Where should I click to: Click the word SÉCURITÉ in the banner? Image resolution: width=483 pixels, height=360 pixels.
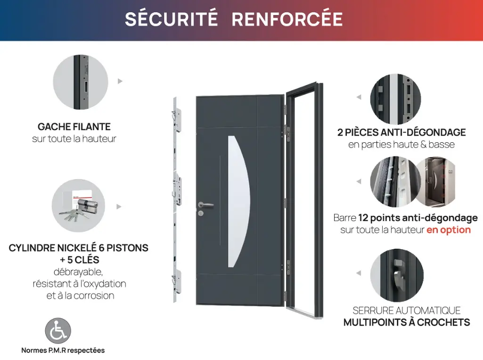point(172,19)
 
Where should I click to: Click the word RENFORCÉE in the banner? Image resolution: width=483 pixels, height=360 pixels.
point(287,19)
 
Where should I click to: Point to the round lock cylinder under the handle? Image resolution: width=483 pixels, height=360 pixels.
point(201,213)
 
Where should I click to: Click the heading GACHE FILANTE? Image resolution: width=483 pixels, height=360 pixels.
point(74,127)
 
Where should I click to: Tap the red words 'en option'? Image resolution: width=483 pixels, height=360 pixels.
point(449,230)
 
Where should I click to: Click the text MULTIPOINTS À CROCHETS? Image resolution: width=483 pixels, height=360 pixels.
point(407,322)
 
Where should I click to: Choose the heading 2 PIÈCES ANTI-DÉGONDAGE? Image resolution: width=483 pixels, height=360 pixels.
point(401,132)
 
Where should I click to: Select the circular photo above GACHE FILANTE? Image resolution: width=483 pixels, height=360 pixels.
point(81,82)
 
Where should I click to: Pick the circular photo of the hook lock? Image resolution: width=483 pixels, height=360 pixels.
point(397,275)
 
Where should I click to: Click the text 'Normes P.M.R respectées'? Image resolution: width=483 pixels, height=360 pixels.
point(63,350)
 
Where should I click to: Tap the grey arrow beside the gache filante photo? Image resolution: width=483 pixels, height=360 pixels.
point(120,81)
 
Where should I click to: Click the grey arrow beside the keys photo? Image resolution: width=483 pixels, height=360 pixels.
point(119,206)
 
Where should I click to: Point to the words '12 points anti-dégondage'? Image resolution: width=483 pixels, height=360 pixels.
point(418,218)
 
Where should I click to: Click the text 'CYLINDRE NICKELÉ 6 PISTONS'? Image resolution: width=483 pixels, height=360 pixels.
point(78,248)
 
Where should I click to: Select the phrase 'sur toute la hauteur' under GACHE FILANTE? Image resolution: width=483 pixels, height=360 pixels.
point(74,139)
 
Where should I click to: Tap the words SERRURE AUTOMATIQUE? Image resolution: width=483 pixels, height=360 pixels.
point(407,311)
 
